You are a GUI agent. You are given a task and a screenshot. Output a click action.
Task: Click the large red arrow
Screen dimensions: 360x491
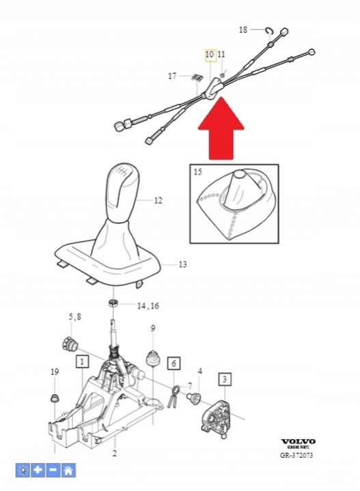point(221,128)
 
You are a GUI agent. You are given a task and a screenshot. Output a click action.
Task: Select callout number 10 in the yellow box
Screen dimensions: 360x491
point(209,55)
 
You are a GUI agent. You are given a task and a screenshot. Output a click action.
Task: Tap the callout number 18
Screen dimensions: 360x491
point(243,30)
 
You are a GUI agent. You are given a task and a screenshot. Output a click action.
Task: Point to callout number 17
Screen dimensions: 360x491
point(172,76)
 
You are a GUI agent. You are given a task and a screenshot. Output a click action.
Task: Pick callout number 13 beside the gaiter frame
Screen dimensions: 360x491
point(182,264)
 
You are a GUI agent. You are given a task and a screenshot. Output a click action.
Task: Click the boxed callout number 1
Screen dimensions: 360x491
point(82,362)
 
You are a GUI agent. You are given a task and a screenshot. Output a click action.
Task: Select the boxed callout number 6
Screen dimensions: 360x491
point(174,363)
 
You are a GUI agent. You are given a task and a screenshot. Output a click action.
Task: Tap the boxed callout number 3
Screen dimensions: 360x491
point(225,379)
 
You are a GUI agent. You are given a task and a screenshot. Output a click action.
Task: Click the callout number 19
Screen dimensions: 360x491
point(55,371)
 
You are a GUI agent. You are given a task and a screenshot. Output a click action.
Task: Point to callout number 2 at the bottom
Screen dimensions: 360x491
point(115,453)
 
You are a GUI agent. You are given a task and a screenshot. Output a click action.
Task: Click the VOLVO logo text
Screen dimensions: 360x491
point(298,441)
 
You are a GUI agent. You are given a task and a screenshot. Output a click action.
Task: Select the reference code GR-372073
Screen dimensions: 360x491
point(296,455)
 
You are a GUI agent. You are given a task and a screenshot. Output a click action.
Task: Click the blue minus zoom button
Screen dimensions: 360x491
point(53,471)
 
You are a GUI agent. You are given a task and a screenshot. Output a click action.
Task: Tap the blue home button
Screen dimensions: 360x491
point(68,471)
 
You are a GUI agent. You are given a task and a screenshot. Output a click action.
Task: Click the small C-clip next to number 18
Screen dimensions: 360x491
point(269,30)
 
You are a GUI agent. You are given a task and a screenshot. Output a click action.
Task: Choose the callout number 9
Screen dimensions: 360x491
point(152,328)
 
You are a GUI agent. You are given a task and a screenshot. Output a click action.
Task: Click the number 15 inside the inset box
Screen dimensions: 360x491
point(197,171)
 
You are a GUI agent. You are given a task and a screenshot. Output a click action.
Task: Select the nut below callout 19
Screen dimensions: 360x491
point(55,398)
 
